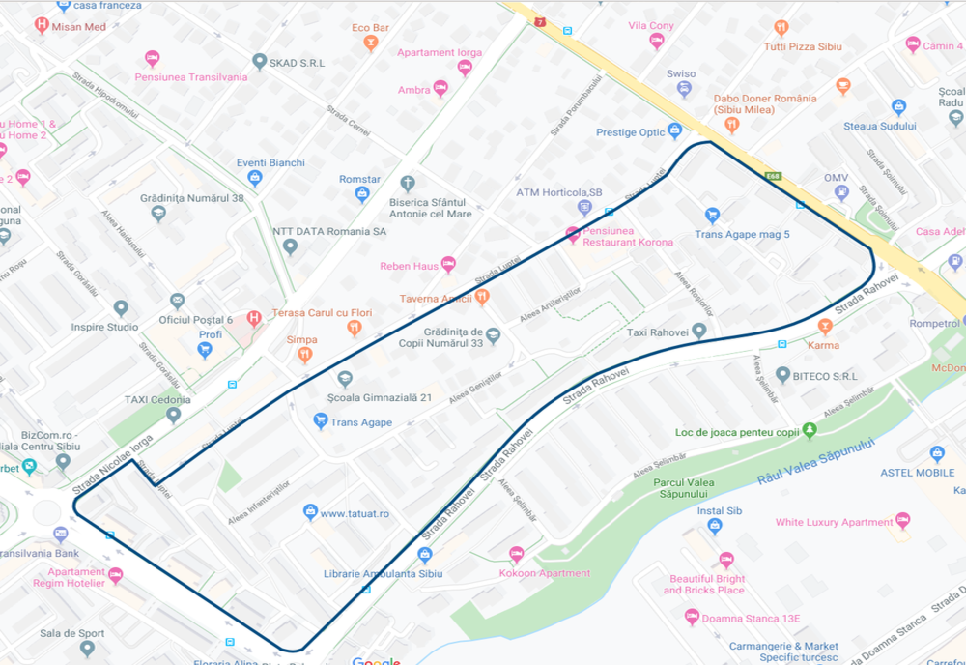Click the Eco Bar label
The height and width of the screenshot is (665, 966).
click(371, 27)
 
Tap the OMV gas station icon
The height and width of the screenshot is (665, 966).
click(842, 192)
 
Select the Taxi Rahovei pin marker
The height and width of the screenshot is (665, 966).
click(698, 332)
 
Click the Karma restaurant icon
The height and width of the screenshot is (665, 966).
click(824, 327)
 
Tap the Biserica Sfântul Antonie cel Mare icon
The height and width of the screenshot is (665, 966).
click(408, 182)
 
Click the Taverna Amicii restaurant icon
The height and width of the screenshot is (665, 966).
click(482, 297)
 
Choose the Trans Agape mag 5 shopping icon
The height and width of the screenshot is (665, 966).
click(712, 215)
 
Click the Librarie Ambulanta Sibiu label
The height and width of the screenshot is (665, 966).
click(383, 573)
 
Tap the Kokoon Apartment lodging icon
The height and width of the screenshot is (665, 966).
click(516, 554)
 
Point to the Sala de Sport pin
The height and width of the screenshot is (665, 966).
click(87, 648)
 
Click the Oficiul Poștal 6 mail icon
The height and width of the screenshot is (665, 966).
click(177, 301)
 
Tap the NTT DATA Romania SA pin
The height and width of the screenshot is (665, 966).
click(290, 246)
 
